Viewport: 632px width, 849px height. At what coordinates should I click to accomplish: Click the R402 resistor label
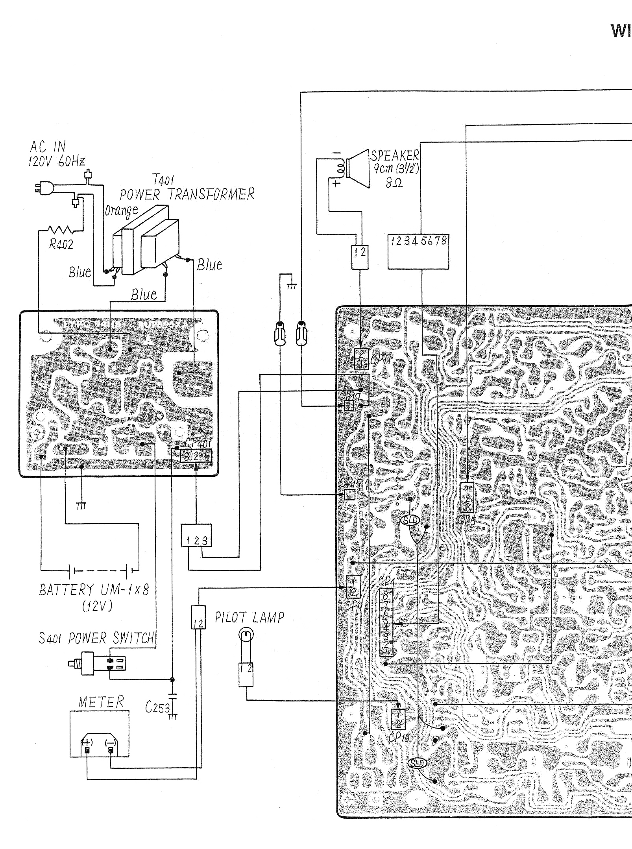[x=61, y=244]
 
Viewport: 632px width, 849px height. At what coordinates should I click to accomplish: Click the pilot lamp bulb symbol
[x=246, y=635]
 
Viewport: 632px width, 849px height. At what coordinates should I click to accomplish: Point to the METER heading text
[x=101, y=702]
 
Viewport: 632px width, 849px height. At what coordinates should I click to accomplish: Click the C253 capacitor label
[x=157, y=707]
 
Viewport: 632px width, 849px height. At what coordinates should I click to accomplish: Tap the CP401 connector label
[x=198, y=443]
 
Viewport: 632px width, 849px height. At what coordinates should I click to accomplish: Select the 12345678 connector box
[x=418, y=252]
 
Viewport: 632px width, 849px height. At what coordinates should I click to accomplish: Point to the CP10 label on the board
[x=399, y=737]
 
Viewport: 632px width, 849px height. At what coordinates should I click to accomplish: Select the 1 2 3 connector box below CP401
[x=196, y=536]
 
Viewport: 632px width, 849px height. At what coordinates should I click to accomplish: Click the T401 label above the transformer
[x=163, y=180]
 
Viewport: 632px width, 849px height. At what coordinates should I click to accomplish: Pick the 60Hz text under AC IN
[x=71, y=161]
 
